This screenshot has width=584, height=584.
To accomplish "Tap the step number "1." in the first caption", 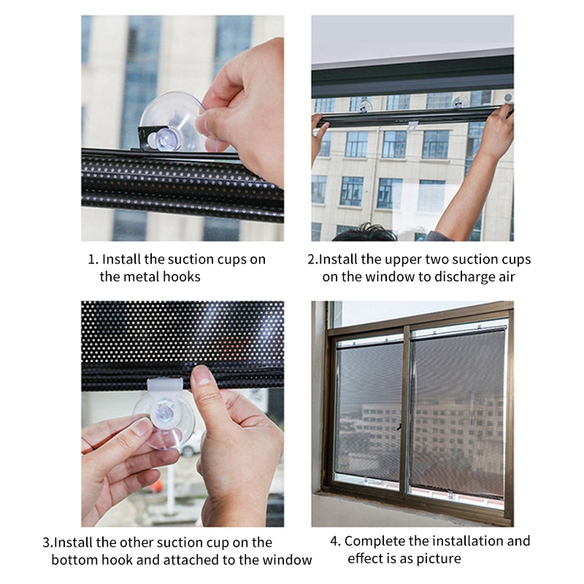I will pos(93,259).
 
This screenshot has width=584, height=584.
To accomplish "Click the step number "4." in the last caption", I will pos(335,541).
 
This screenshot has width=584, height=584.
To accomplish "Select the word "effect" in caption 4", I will pos(365,558).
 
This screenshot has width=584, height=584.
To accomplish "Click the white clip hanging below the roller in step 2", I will pos(412,126).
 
